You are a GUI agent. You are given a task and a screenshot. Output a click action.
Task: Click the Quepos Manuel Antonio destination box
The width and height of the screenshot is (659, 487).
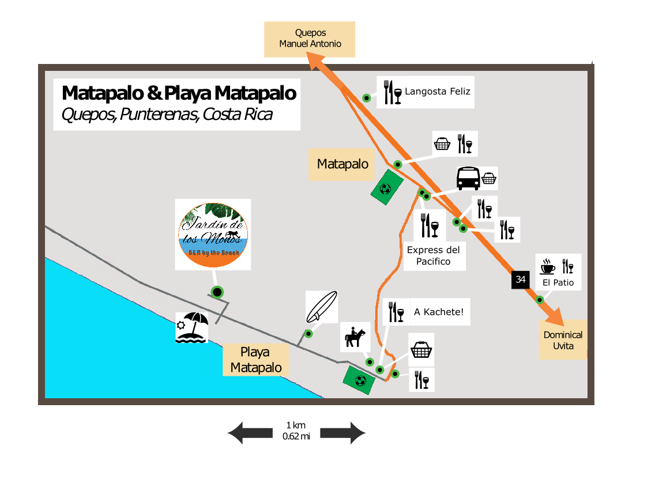pyautogui.click(x=310, y=39)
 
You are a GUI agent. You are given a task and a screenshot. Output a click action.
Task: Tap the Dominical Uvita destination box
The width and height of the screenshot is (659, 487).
pyautogui.click(x=563, y=339)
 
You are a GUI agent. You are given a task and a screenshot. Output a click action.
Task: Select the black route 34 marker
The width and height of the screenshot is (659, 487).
pyautogui.click(x=521, y=280)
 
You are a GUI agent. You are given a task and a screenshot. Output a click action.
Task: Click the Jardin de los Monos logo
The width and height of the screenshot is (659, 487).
pyautogui.click(x=213, y=234)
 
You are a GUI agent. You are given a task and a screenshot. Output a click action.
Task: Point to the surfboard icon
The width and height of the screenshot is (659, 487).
pyautogui.click(x=321, y=307)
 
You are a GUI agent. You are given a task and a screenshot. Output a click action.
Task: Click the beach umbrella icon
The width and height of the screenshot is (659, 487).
pyautogui.click(x=191, y=327)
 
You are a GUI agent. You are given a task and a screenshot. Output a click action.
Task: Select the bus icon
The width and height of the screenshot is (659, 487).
pyautogui.click(x=468, y=179)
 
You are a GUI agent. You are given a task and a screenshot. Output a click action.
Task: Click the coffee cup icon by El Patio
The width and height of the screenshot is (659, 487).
pyautogui.click(x=547, y=266)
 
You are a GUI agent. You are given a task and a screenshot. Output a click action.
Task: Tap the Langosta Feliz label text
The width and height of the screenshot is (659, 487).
pyautogui.click(x=438, y=92)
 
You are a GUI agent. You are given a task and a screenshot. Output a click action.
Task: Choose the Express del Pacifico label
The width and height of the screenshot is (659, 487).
pyautogui.click(x=434, y=256)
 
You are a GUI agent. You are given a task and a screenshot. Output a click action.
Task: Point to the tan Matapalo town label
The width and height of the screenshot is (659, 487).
pyautogui.click(x=342, y=164)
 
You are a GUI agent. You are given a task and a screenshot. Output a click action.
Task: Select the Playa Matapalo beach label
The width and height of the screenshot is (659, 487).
pyautogui.click(x=255, y=360)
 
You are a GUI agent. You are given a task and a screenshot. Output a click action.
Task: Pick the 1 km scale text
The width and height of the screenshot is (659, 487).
pyautogui.click(x=296, y=425)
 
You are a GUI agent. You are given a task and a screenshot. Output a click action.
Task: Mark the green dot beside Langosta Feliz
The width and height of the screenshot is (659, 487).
pyautogui.click(x=366, y=98)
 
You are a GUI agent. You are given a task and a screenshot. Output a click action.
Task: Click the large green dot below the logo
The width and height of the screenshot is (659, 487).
pyautogui.click(x=217, y=292)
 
